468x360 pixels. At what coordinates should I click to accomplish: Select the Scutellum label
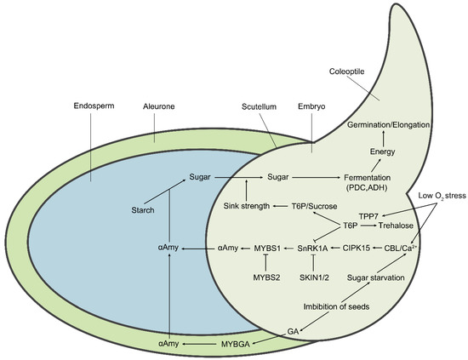tap(259, 108)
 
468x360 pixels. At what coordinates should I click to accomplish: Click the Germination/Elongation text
tap(387, 124)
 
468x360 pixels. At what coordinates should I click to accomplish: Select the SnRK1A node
tap(314, 248)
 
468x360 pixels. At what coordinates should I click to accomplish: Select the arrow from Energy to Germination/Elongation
tap(383, 138)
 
